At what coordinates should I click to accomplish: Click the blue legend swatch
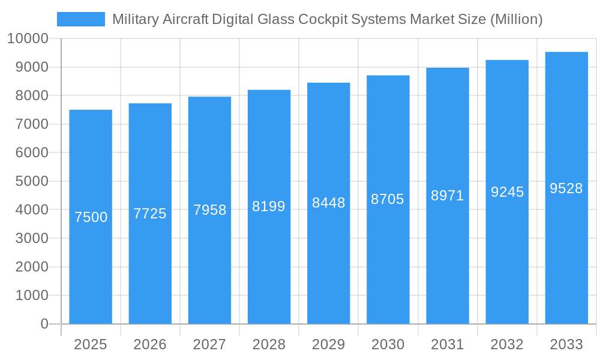(x=80, y=19)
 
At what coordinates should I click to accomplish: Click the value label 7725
(x=150, y=214)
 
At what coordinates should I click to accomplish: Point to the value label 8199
(x=269, y=206)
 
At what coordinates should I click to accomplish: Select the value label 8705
(x=388, y=199)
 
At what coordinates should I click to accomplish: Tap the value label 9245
(x=507, y=192)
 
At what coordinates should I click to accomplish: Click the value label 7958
(x=209, y=210)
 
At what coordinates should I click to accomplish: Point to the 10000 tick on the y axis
(x=27, y=39)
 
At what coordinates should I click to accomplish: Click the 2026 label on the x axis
(x=150, y=344)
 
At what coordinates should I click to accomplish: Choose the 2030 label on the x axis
(x=388, y=344)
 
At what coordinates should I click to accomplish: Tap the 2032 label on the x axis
(x=507, y=344)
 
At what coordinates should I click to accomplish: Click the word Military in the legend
(x=135, y=19)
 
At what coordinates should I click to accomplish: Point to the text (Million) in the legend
(x=516, y=19)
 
